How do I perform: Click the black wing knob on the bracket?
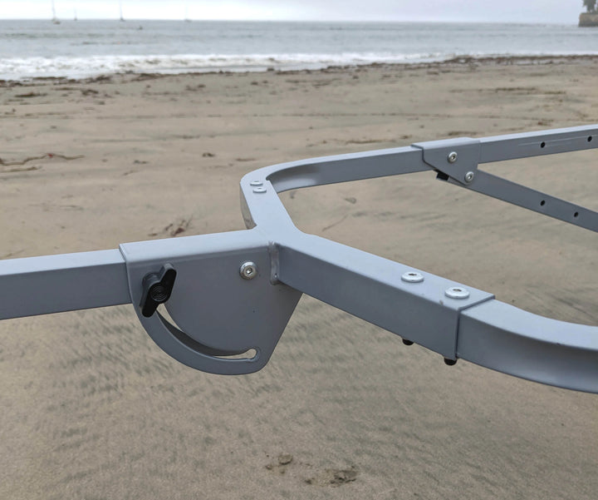(157, 289)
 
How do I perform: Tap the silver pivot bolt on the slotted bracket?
(248, 270)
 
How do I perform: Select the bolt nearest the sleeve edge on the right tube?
(457, 292)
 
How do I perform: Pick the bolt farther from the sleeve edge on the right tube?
(412, 277)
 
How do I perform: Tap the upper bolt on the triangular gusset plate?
(452, 156)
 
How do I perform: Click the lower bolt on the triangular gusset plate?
(469, 176)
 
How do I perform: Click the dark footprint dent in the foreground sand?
(341, 476)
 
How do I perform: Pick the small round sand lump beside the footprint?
(285, 458)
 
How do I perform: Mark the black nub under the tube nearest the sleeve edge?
(449, 361)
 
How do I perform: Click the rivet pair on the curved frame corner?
(257, 186)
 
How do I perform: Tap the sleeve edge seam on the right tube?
(458, 329)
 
